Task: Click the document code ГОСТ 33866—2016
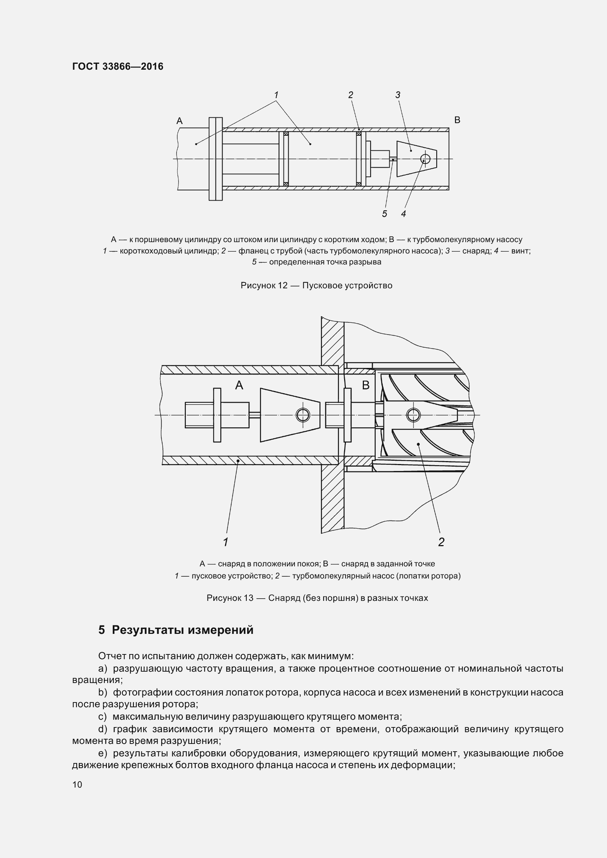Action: point(118,66)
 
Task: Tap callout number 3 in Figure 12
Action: point(398,95)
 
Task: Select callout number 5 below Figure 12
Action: point(384,214)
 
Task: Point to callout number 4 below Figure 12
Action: point(404,214)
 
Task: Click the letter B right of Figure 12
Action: point(457,120)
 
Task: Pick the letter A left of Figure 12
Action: point(180,121)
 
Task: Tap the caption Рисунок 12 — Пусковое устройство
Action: point(317,285)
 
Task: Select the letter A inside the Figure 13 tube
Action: point(239,385)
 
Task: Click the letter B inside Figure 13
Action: point(366,385)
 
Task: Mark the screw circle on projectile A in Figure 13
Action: point(302,415)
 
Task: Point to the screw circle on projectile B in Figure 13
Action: point(413,415)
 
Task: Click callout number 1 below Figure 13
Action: point(225,542)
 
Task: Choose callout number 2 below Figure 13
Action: point(441,542)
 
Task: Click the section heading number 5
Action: point(101,630)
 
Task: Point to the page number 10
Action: point(77,784)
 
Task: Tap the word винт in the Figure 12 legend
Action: point(520,251)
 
